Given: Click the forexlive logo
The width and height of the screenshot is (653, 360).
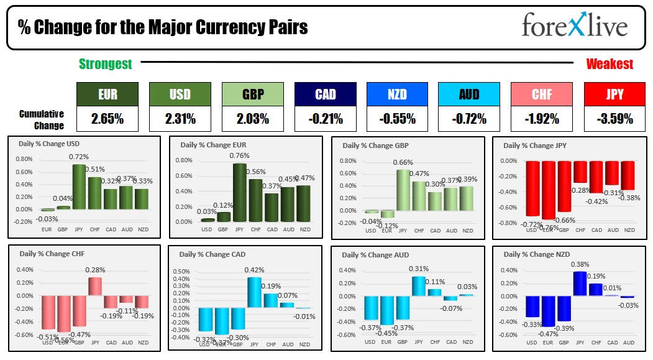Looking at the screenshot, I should pos(574,26).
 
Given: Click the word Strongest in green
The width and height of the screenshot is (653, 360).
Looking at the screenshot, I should pos(106,63).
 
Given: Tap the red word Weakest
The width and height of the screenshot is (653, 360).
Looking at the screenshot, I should pos(610,63).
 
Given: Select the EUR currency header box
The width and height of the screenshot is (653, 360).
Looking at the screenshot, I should pos(107,95).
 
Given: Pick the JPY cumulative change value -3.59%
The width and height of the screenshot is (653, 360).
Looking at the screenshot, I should pos(610,118).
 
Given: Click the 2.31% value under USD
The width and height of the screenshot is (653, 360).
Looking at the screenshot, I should pos(180,118).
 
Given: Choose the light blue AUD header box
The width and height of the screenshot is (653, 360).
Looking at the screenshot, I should pos(468,95).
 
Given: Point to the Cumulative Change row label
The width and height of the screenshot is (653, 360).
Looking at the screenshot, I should pos(42,119).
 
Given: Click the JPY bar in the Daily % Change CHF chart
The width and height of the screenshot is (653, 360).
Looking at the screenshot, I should pos(95,285).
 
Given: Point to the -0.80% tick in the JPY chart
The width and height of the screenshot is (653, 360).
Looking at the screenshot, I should pos(508,223).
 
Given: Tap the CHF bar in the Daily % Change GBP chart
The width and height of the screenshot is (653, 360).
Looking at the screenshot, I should pos(419,195).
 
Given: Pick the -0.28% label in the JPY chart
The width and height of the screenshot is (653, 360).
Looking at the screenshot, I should pos(580,190).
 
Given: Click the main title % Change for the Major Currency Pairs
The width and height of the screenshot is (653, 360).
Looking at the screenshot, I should pos(163,27).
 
